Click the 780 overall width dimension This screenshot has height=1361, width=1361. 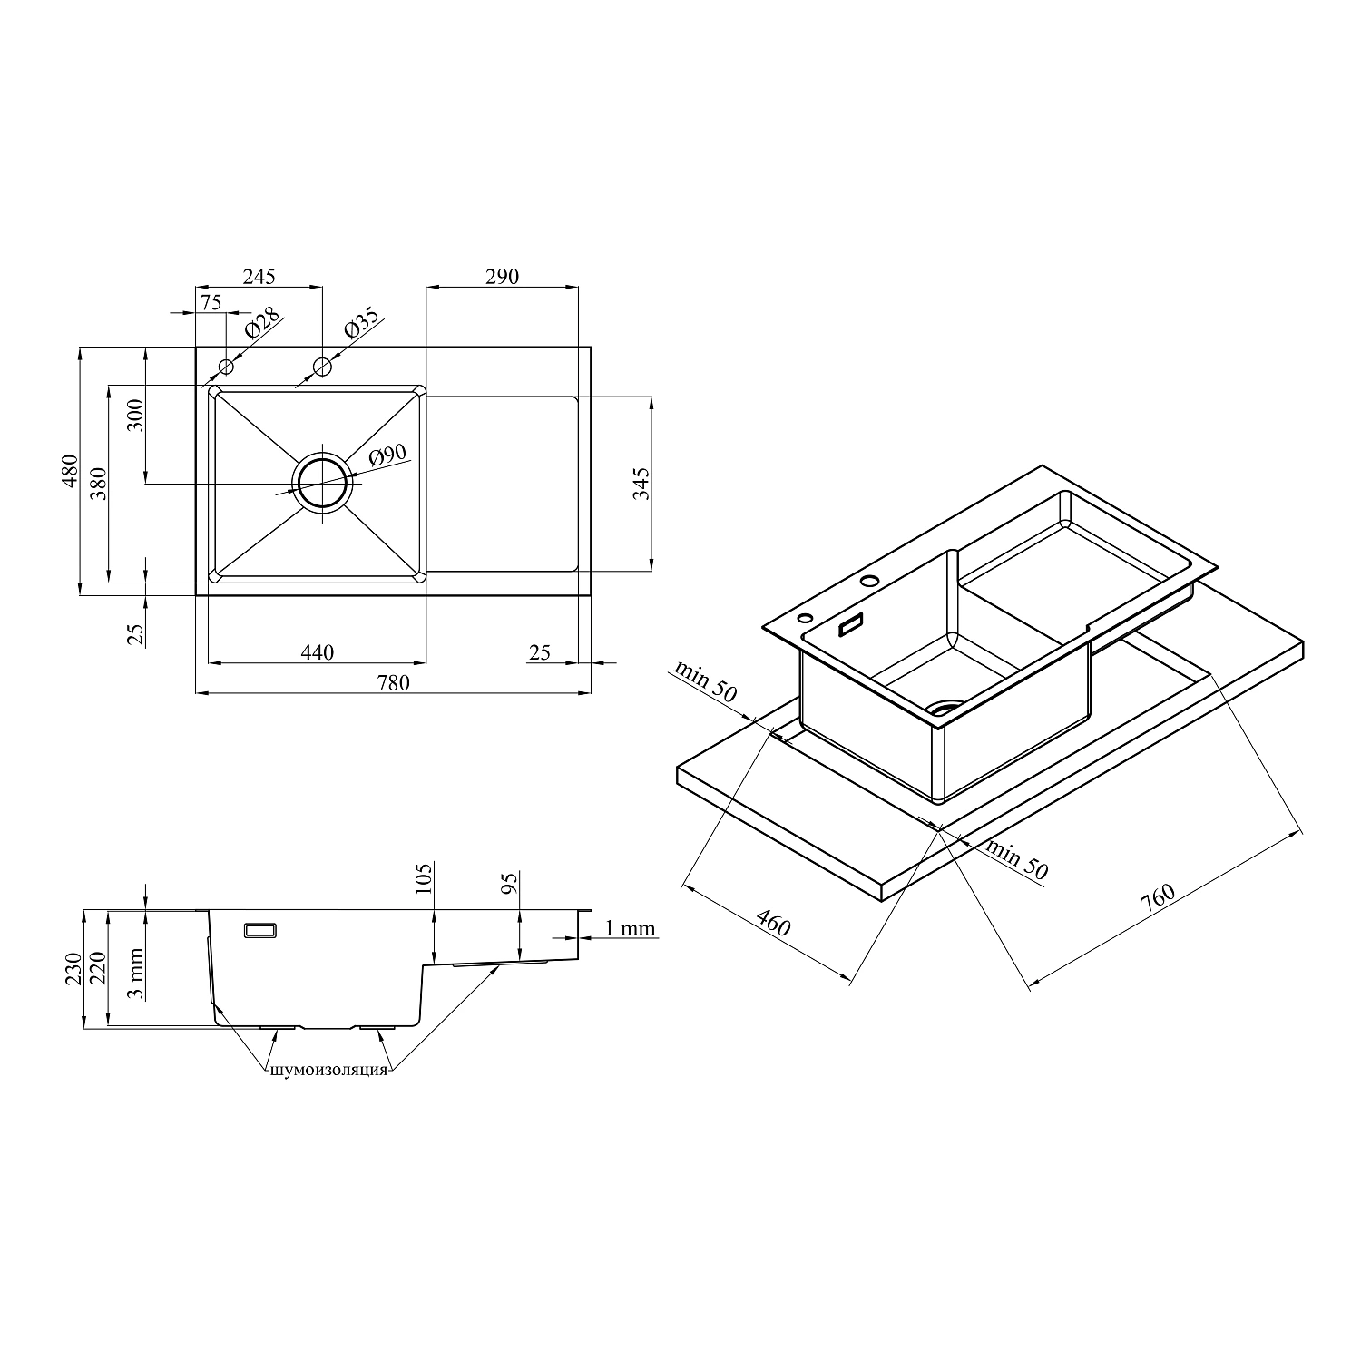coord(392,683)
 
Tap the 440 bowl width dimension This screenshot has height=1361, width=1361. coord(318,652)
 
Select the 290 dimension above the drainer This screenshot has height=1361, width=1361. coord(502,276)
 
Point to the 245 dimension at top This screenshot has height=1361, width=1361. coord(259,276)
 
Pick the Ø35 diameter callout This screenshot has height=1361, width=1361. coord(360,324)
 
